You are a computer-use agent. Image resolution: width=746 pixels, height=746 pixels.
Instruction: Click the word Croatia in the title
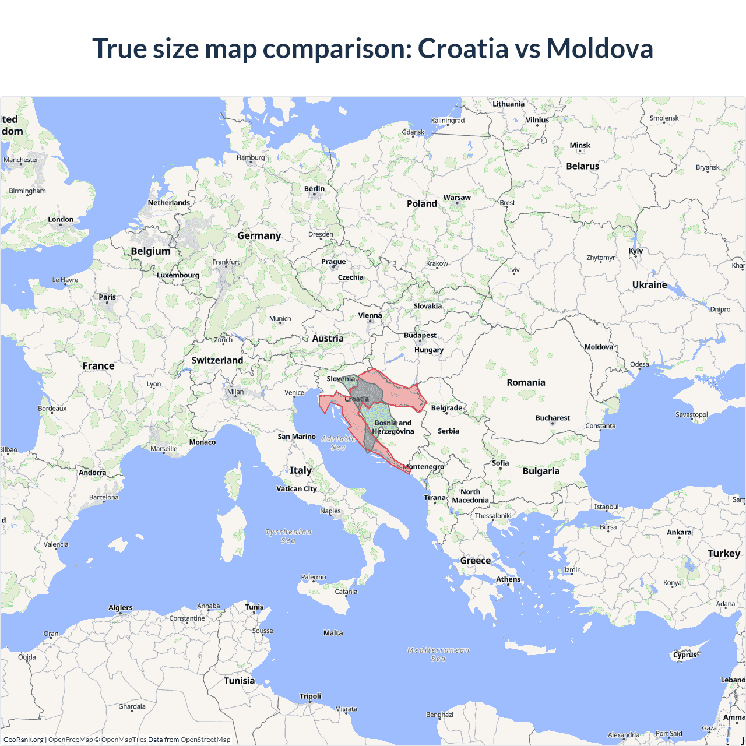(463, 48)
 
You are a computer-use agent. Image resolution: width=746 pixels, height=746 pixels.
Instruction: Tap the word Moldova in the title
(600, 48)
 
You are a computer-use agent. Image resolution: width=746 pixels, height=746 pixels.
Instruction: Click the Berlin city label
(314, 189)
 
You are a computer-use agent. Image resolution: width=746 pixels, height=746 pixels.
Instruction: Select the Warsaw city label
(457, 198)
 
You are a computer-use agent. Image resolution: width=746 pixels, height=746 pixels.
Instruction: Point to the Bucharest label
(553, 418)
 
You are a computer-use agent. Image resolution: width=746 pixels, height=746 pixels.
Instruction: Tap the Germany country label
(259, 235)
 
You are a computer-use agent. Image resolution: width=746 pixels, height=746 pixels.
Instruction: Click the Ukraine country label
(649, 284)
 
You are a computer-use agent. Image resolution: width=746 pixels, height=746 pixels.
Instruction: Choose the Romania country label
(526, 382)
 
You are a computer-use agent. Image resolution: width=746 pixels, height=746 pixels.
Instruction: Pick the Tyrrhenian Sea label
(288, 536)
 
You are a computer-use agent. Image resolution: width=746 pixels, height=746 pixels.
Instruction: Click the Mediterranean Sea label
(438, 654)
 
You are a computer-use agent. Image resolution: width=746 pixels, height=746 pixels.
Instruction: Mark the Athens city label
(508, 579)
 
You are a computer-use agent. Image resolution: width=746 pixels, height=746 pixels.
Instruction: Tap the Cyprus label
(685, 654)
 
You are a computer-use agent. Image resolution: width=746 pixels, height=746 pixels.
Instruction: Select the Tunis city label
(254, 607)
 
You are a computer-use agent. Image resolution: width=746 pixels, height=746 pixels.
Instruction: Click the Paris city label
(107, 297)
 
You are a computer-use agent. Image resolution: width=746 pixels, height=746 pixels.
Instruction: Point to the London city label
(61, 220)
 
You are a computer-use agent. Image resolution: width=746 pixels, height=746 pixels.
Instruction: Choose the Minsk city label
(580, 146)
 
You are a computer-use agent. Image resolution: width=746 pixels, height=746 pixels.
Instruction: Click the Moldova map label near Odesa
(599, 347)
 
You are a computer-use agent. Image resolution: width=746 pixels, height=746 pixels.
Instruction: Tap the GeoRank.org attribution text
(23, 740)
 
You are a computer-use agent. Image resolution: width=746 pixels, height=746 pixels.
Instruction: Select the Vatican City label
(297, 489)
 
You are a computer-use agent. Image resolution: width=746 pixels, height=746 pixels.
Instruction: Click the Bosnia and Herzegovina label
(393, 427)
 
